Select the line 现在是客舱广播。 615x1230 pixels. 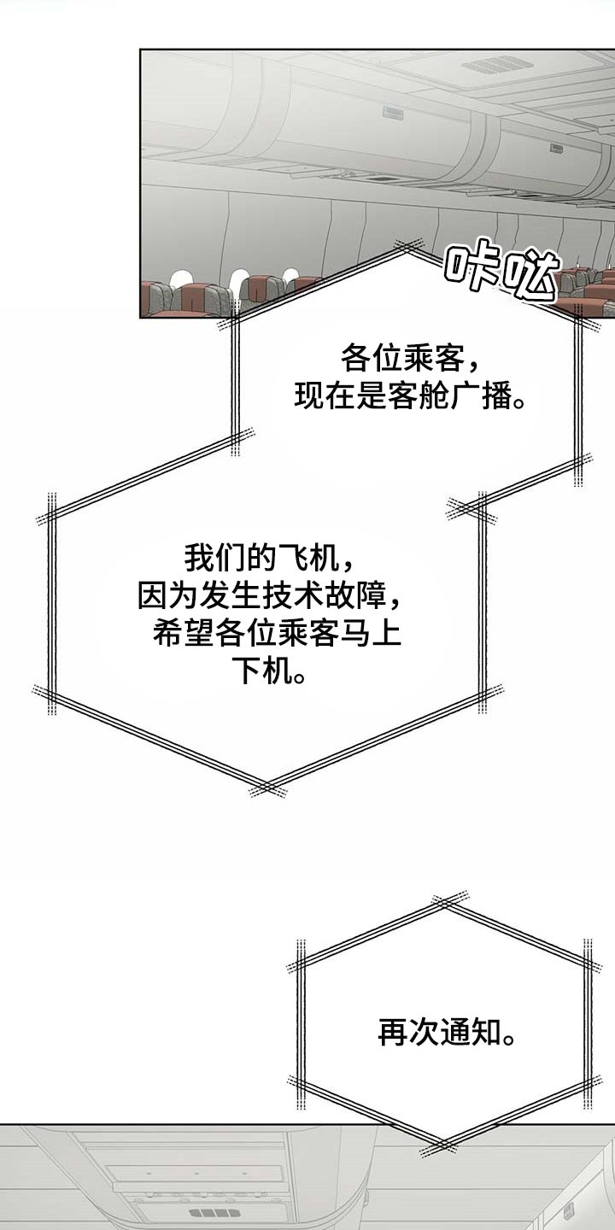pos(409,395)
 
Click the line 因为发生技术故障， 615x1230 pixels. pos(270,595)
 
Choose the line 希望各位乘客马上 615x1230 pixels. pos(277,633)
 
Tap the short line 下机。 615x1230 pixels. pos(272,670)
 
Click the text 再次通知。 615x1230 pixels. pos(447,1033)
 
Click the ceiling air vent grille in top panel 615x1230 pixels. pos(487,67)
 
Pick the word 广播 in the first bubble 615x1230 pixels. pos(480,395)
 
